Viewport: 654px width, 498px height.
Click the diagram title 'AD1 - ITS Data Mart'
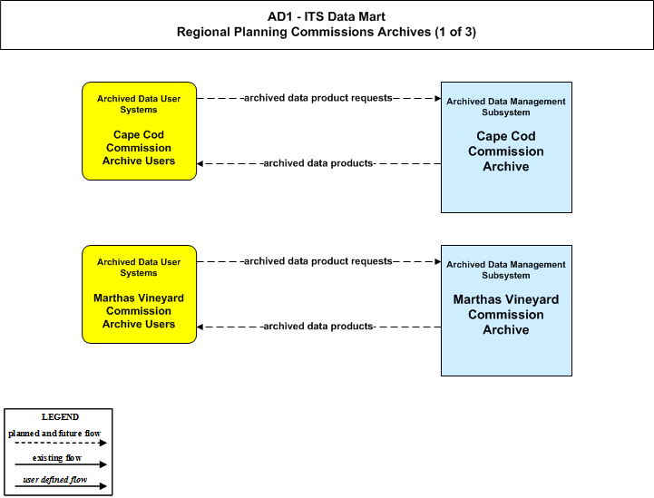[x=327, y=16]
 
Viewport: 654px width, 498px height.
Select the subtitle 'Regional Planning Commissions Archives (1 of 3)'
[x=327, y=32]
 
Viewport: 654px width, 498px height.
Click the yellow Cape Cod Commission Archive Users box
[x=140, y=131]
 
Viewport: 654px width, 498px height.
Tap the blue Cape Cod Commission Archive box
[x=506, y=147]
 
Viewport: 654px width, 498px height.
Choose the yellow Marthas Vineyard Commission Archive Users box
[x=140, y=295]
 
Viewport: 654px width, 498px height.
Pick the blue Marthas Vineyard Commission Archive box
[x=506, y=311]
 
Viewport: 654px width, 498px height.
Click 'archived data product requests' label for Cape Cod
[x=317, y=98]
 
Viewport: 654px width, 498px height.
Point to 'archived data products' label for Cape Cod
[x=317, y=163]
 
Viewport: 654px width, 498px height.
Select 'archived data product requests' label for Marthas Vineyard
[x=317, y=261]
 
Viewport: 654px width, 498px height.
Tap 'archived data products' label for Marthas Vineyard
[x=317, y=327]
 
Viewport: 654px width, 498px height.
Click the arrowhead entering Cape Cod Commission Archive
[x=438, y=99]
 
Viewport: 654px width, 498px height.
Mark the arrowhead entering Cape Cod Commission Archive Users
[x=200, y=163]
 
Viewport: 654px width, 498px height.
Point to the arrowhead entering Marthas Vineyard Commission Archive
[x=438, y=261]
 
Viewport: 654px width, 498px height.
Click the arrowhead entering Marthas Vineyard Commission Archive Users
[x=200, y=327]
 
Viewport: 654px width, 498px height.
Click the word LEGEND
[x=60, y=417]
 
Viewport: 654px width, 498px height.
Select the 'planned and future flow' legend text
[x=54, y=434]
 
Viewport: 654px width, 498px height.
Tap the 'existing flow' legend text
[x=57, y=458]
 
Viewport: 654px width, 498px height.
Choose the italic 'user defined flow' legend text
[x=55, y=480]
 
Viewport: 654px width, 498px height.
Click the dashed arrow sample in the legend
[x=61, y=443]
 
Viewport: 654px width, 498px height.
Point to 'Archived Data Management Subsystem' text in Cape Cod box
[x=506, y=107]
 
